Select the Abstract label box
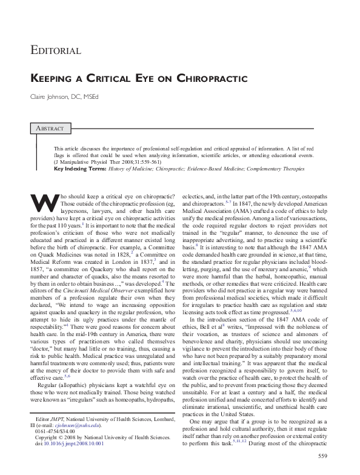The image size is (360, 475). click(52, 128)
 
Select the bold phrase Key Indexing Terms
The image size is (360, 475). click(75, 169)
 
